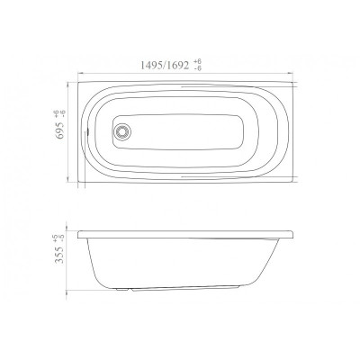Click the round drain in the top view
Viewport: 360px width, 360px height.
(122, 132)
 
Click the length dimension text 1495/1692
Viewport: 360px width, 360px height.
(165, 65)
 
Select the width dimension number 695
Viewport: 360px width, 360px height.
(60, 130)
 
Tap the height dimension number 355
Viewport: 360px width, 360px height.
(59, 256)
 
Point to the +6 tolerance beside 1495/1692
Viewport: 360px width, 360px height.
(198, 62)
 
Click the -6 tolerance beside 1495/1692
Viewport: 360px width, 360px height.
(198, 68)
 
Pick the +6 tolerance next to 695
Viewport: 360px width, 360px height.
(55, 113)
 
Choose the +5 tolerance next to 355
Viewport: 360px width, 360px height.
(55, 238)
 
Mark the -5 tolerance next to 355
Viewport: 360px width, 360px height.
(62, 238)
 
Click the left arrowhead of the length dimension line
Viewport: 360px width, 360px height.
(80, 73)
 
